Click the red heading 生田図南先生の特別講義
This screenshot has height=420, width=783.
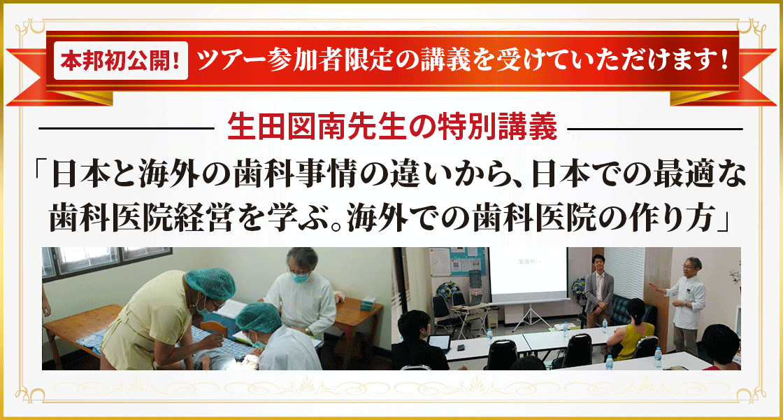392,129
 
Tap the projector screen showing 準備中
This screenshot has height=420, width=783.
527,277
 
